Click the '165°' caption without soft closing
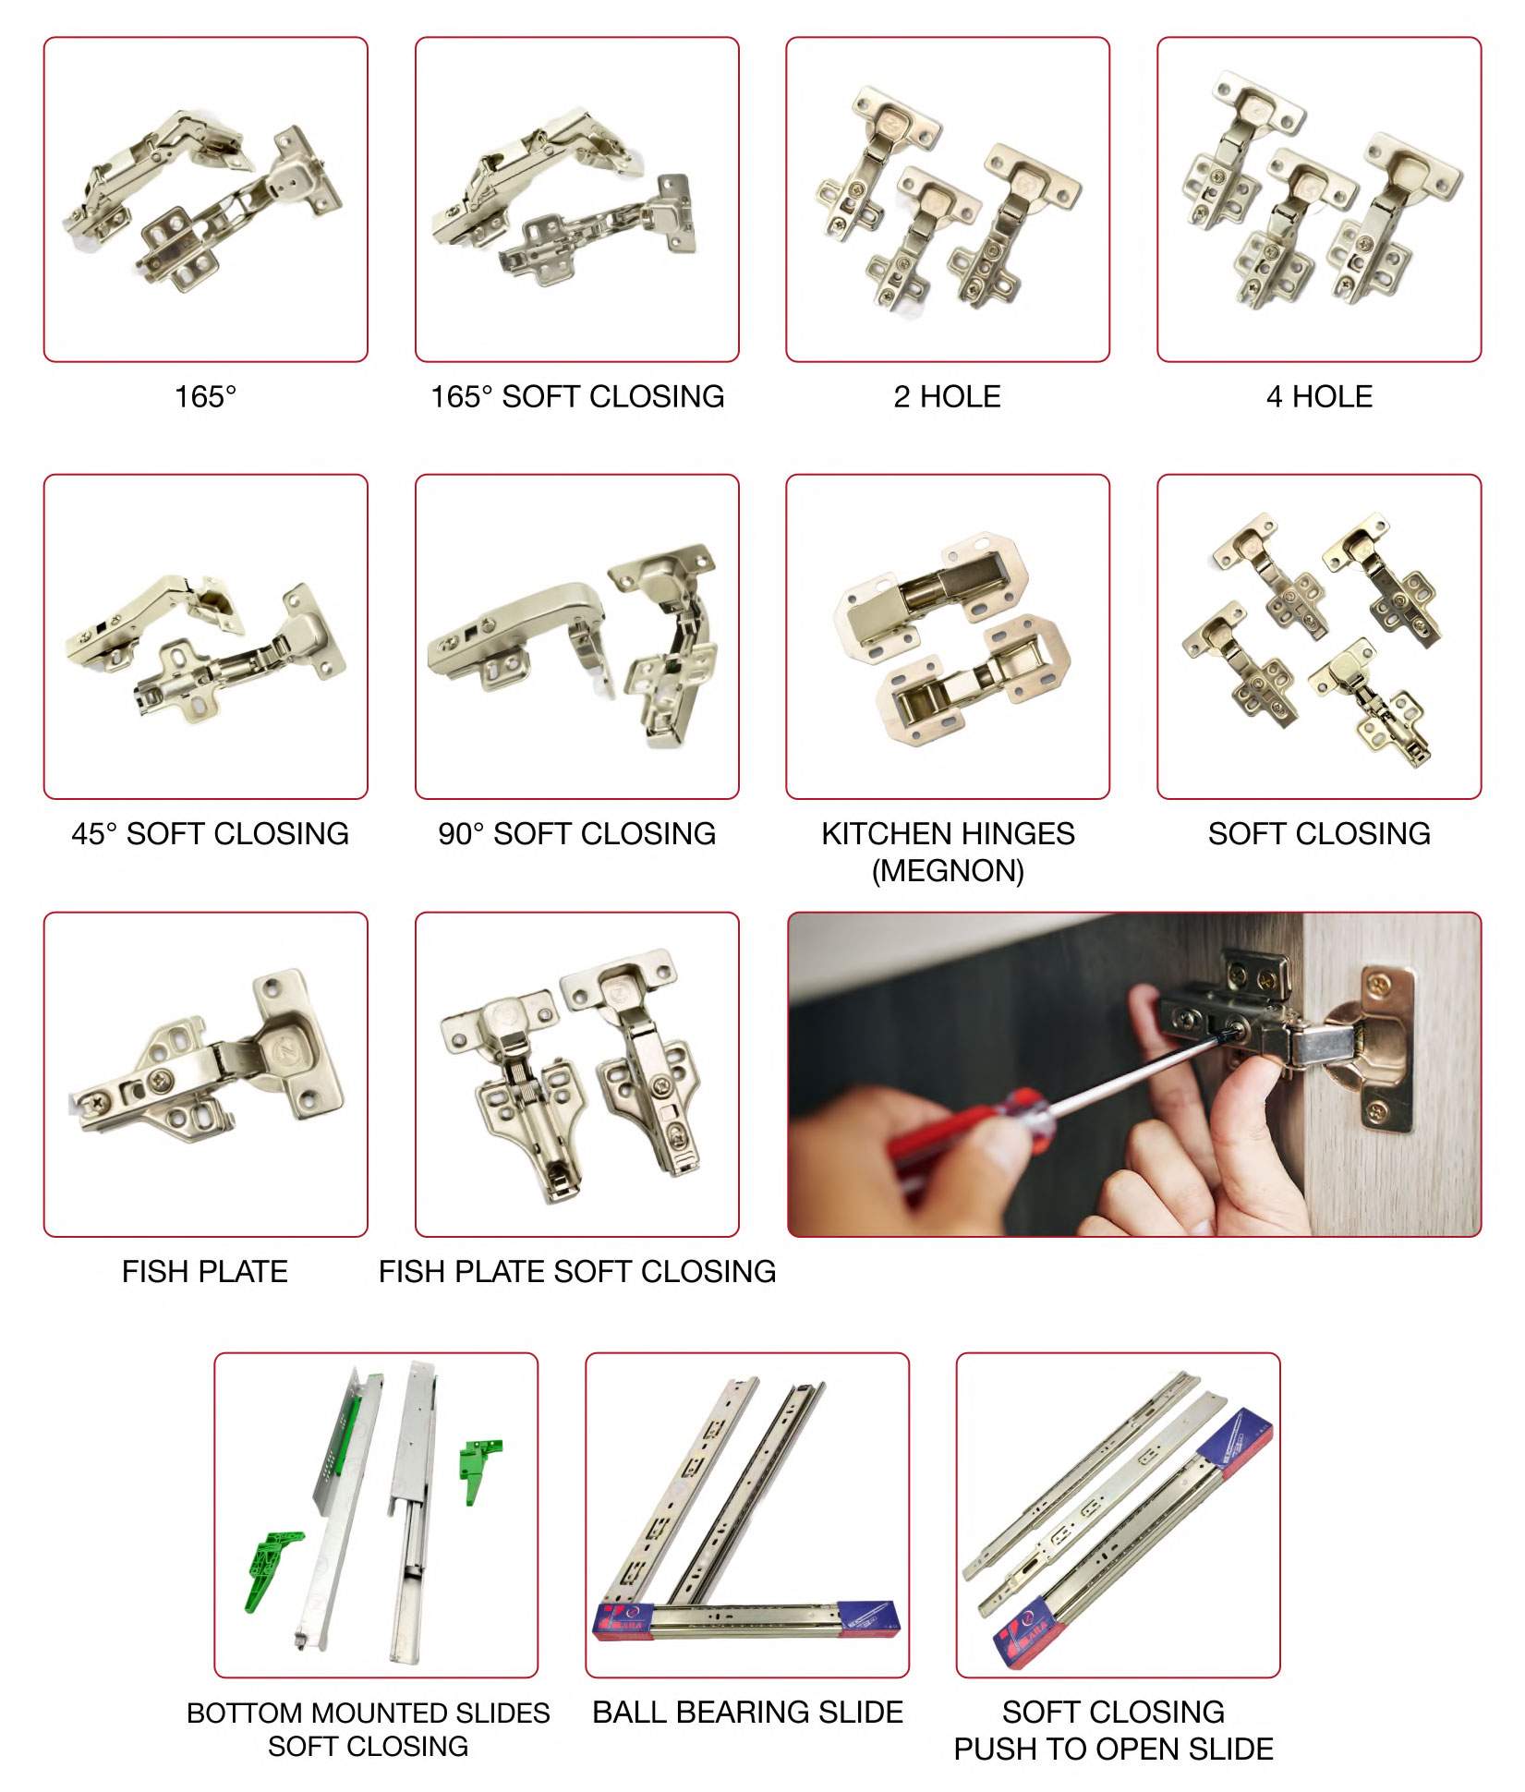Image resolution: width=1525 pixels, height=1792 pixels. click(205, 397)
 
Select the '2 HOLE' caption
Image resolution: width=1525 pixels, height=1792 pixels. click(947, 397)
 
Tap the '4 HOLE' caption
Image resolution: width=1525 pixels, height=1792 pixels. click(1319, 397)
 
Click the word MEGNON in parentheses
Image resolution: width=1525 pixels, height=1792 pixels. click(948, 871)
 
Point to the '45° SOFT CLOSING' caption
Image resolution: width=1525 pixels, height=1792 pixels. click(210, 834)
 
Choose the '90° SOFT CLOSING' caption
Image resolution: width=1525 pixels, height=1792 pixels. click(577, 834)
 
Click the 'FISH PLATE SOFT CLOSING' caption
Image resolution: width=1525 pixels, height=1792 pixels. click(577, 1272)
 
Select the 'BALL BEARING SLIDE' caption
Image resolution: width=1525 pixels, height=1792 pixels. click(747, 1712)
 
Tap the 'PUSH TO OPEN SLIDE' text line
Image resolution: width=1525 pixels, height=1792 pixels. click(1114, 1749)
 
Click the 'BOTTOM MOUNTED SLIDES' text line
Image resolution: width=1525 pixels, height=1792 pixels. click(368, 1713)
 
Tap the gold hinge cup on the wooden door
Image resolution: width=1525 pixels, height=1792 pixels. click(1372, 1048)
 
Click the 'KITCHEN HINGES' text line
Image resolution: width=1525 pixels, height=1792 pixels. click(948, 834)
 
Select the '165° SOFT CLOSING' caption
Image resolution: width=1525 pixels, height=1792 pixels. click(577, 397)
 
